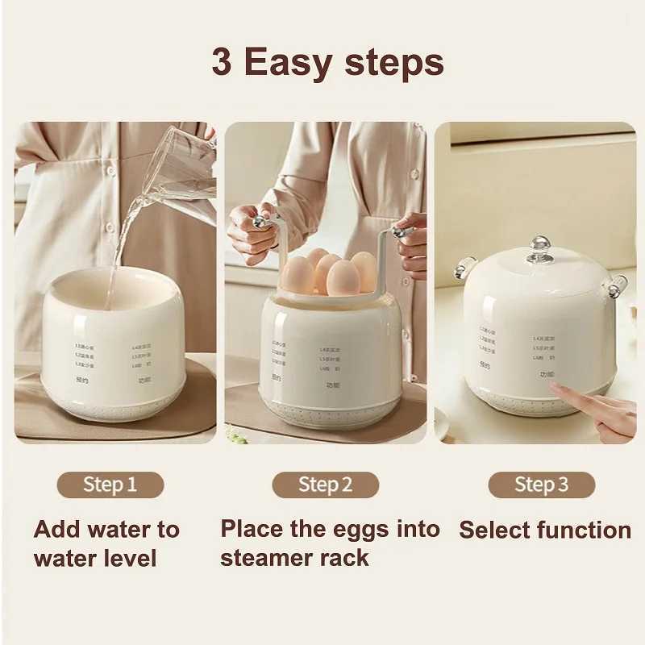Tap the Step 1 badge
110,485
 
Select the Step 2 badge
325,485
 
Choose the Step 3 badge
541,485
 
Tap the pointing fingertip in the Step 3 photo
557,388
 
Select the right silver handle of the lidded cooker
618,285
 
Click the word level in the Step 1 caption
128,557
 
